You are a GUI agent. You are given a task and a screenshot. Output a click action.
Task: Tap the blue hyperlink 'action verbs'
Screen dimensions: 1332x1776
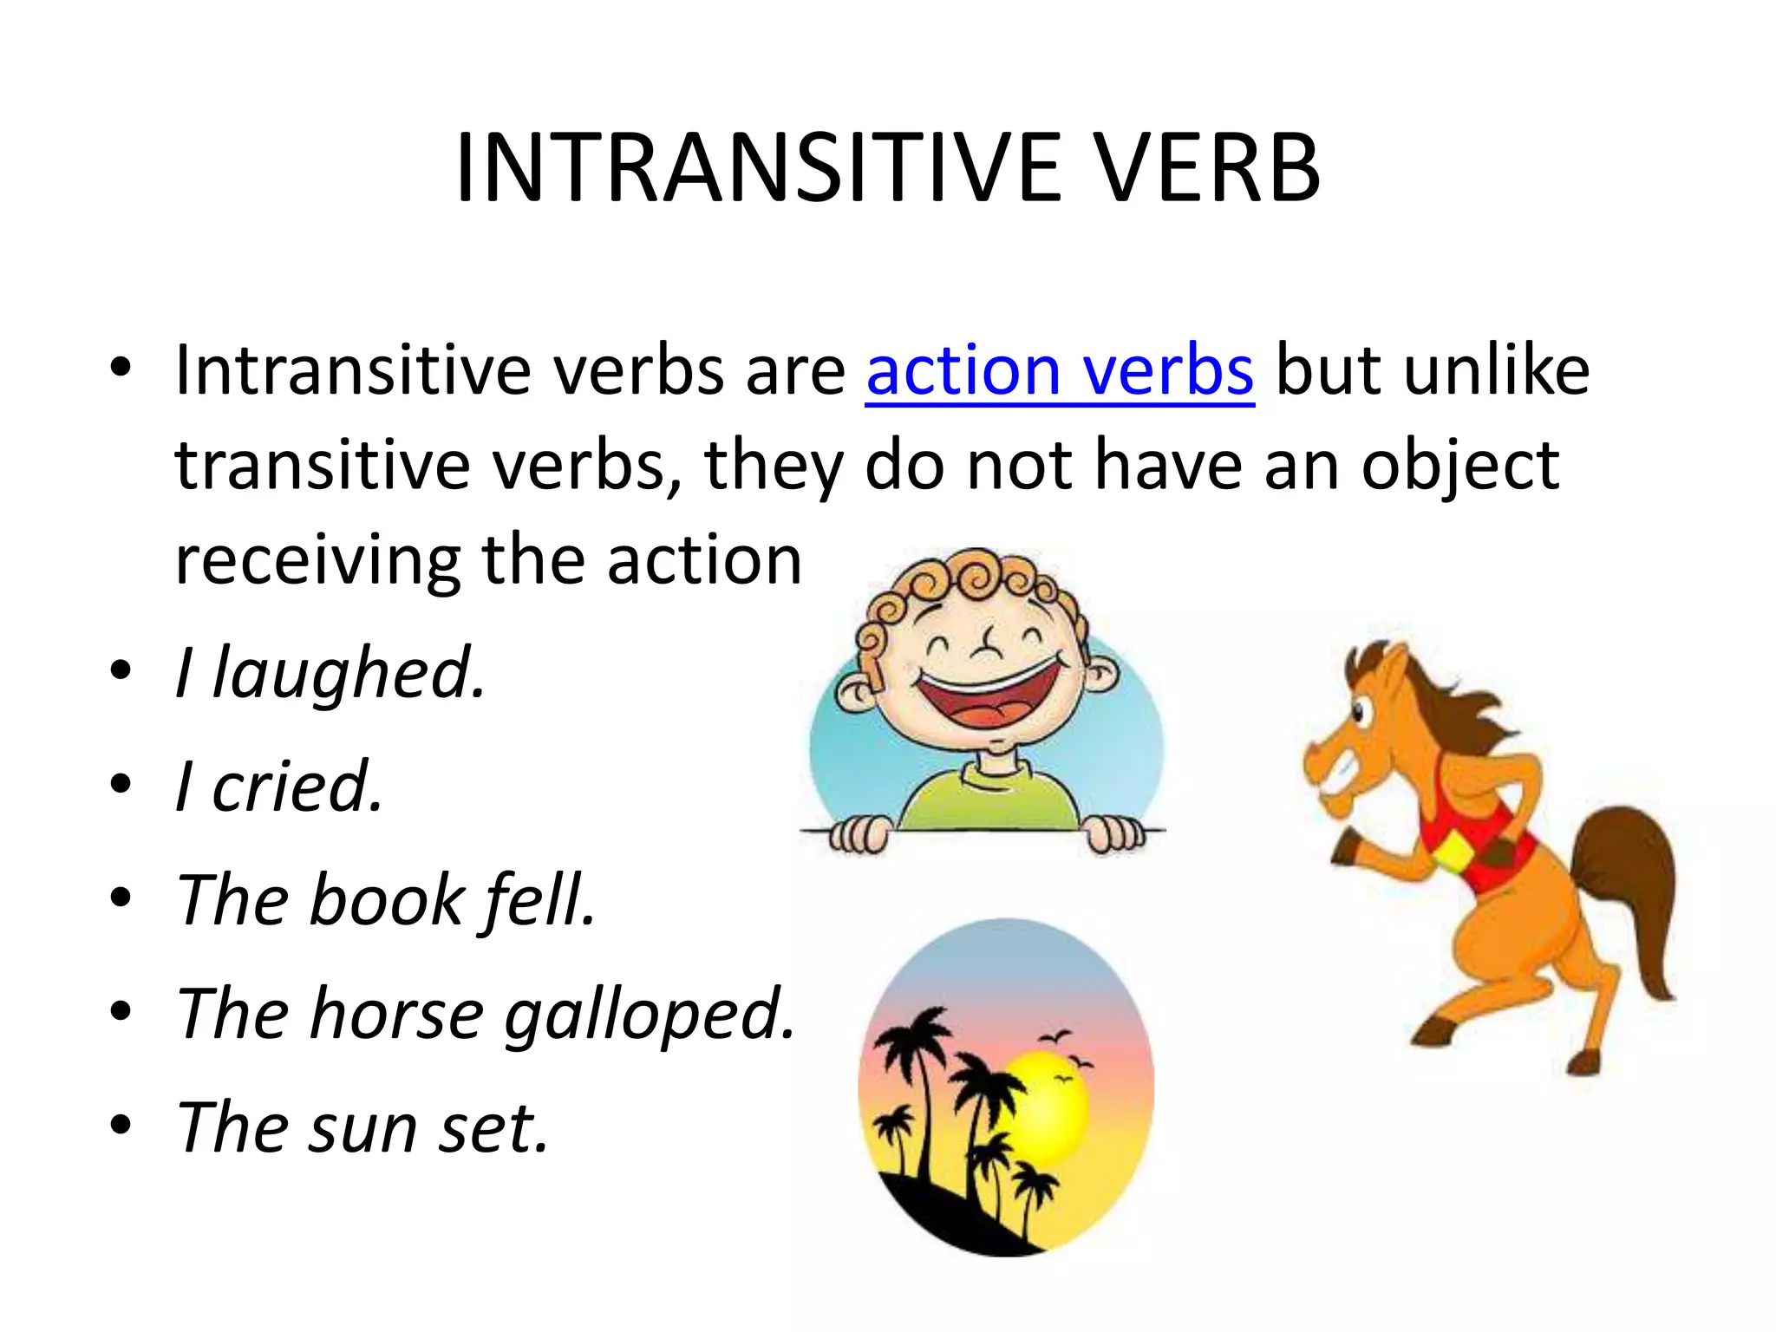pyautogui.click(x=1059, y=371)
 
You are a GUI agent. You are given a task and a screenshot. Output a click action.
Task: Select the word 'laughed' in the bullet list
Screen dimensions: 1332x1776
pyautogui.click(x=347, y=674)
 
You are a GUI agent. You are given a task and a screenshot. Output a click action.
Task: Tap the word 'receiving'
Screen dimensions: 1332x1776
pyautogui.click(x=317, y=561)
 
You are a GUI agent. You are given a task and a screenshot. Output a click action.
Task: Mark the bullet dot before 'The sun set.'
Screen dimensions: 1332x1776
pyautogui.click(x=121, y=1125)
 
